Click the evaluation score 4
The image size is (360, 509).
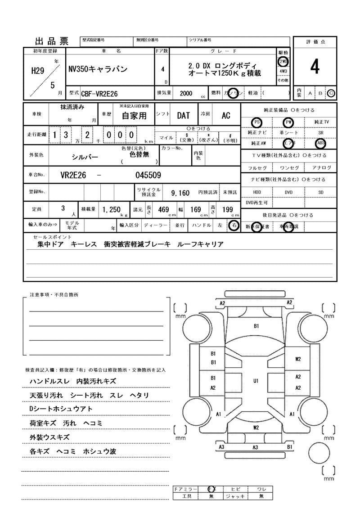pyautogui.click(x=315, y=67)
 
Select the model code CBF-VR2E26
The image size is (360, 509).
pyautogui.click(x=99, y=93)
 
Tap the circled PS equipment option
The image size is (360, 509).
pyautogui.click(x=257, y=122)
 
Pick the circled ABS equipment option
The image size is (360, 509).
pyautogui.click(x=321, y=144)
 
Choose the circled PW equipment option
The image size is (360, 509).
pyautogui.click(x=288, y=122)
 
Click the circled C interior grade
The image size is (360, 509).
pyautogui.click(x=331, y=93)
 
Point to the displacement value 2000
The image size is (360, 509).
pyautogui.click(x=185, y=93)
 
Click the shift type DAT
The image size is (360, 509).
pyautogui.click(x=183, y=116)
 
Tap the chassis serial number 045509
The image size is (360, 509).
pyautogui.click(x=148, y=176)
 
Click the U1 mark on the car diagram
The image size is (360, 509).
pyautogui.click(x=256, y=381)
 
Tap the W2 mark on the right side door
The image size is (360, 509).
pyautogui.click(x=298, y=359)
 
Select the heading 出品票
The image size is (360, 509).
pyautogui.click(x=51, y=41)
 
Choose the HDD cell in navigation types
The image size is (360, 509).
pyautogui.click(x=257, y=192)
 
